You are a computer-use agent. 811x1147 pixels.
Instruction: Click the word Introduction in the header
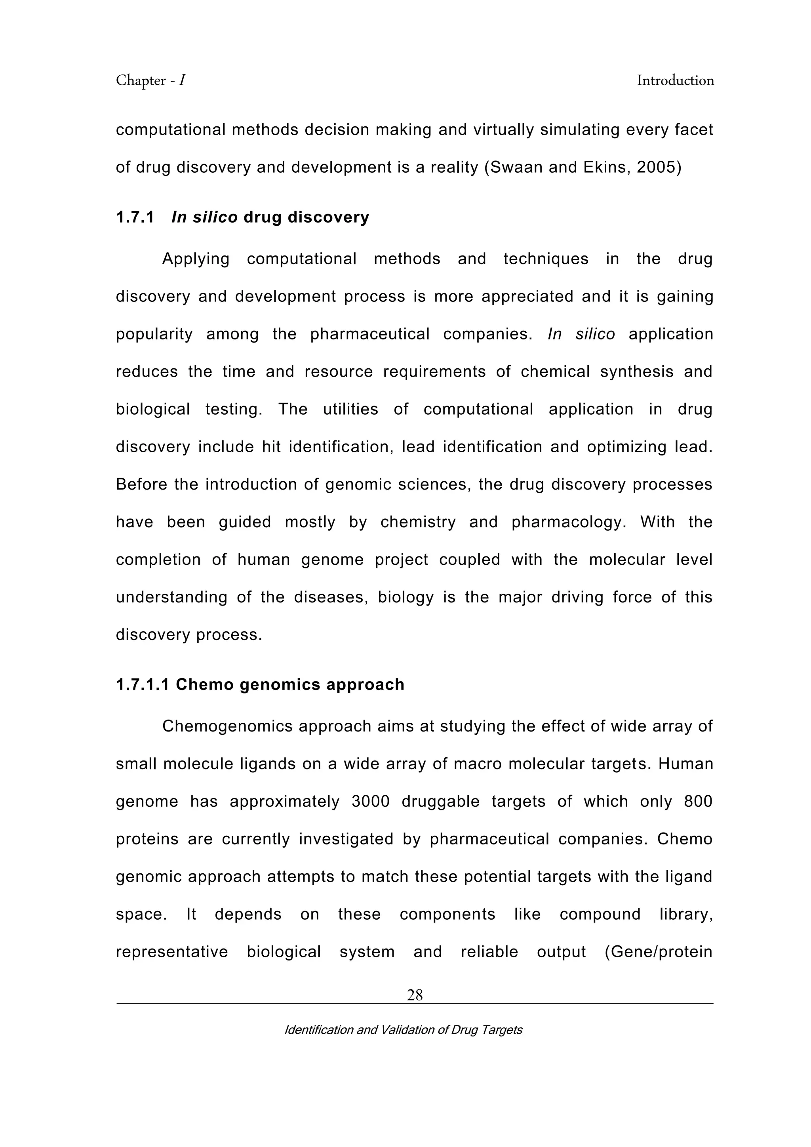[675, 80]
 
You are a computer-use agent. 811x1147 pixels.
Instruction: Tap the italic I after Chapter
[183, 80]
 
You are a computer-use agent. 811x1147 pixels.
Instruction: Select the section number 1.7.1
[135, 217]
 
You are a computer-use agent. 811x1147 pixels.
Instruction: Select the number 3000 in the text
[370, 801]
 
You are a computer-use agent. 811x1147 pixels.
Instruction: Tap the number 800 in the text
[698, 801]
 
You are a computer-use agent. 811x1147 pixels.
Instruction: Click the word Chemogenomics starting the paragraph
[228, 726]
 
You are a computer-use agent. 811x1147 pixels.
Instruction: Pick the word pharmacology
[568, 522]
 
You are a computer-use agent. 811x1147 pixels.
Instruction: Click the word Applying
[195, 259]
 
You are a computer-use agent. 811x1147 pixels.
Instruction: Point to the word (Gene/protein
[658, 952]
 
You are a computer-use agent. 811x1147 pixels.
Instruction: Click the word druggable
[440, 801]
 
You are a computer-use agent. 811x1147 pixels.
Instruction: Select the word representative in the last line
[172, 952]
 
